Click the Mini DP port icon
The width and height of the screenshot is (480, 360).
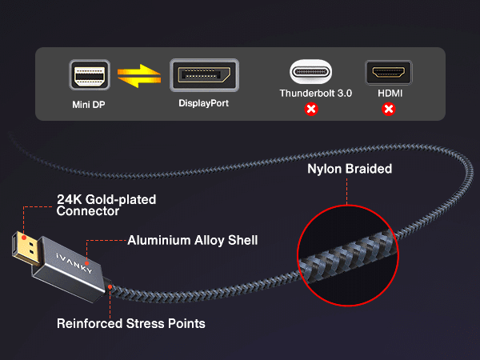90,75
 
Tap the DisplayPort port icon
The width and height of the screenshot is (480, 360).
204,75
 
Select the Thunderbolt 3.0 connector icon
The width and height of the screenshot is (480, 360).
310,72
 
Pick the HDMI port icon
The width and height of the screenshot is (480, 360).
389,73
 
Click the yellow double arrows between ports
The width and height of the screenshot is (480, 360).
139,76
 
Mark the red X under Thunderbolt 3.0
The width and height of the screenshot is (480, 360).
311,109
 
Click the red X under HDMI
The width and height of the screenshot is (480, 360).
389,109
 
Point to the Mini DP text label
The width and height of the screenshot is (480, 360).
89,105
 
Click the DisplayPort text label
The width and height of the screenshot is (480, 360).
203,103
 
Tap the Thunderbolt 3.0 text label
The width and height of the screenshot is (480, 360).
316,93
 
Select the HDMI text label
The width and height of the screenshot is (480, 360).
390,93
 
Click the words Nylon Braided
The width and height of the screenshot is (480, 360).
350,169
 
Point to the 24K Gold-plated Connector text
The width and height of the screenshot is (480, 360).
106,205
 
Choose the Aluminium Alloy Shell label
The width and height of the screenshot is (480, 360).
193,240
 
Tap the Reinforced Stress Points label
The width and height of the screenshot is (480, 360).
131,323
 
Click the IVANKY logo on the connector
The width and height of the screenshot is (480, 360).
74,263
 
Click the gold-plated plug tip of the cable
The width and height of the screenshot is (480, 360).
26,249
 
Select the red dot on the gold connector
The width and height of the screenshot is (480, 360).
24,238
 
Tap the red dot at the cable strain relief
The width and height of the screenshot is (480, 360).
110,287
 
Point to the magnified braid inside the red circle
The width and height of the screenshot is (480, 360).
348,255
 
